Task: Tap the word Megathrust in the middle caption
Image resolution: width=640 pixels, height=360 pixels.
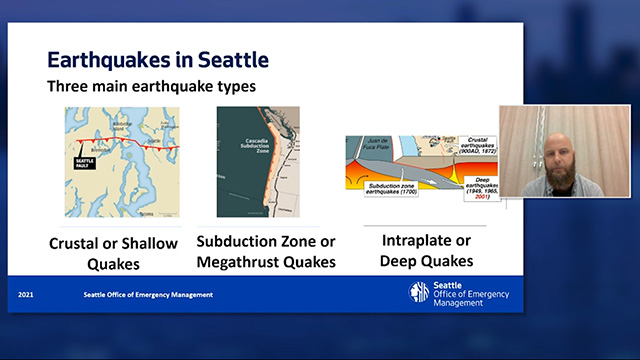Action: (x=243, y=263)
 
